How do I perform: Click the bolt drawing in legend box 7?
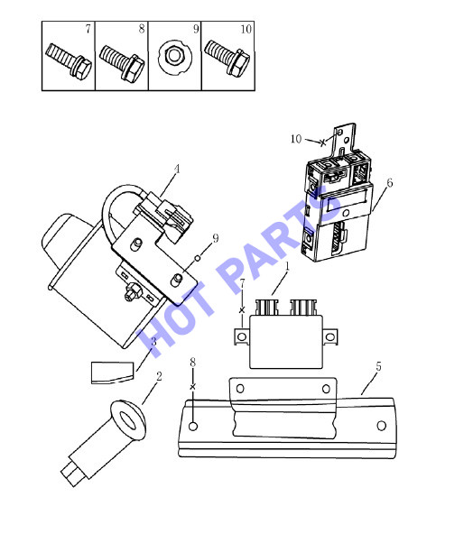69,61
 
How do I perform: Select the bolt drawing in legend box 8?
122,64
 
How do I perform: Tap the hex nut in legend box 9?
174,57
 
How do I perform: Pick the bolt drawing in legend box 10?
227,58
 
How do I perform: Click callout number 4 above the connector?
177,169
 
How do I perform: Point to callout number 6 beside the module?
390,182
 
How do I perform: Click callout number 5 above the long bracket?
378,366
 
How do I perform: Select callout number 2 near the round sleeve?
159,376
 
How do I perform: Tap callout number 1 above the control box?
287,266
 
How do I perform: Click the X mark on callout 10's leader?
322,143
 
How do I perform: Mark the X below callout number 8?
192,387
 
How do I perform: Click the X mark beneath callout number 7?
242,310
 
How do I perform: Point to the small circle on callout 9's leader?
198,258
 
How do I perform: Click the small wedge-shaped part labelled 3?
112,373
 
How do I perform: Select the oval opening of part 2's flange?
128,420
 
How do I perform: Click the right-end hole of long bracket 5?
382,425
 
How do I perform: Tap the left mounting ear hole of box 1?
242,336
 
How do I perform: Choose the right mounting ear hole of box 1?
329,336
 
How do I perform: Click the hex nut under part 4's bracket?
134,290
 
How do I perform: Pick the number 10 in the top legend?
246,29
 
